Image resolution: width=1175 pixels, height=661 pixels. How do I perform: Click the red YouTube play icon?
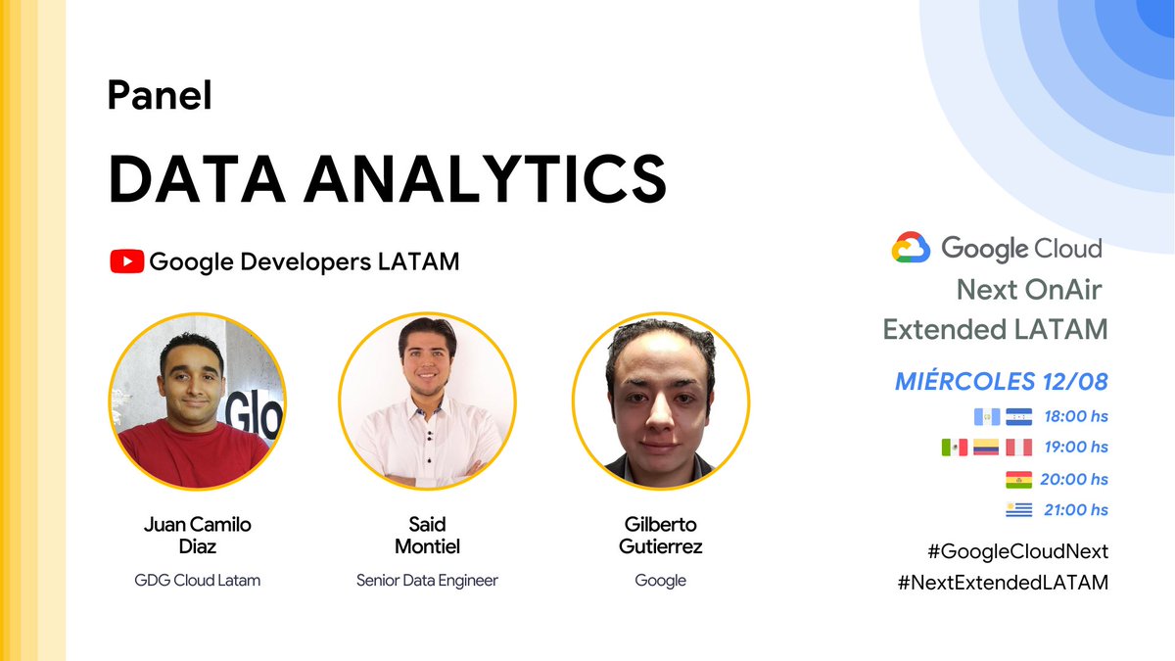point(126,261)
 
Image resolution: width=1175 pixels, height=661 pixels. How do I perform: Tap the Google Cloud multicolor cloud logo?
point(911,248)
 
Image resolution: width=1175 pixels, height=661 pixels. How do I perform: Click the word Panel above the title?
point(160,96)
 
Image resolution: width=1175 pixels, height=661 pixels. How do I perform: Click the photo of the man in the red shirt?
point(197,401)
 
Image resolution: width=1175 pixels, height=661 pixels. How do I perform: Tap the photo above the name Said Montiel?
point(427,401)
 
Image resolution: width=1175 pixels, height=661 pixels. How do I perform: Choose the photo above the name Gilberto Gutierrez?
point(660,401)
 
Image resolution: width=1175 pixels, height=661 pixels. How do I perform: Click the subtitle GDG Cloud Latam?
point(198,580)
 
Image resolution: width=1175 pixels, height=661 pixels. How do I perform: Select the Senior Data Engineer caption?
point(427,580)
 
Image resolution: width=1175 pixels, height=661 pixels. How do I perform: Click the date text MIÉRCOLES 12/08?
point(1002,381)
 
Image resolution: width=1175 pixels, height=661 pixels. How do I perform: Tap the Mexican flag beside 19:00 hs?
point(954,448)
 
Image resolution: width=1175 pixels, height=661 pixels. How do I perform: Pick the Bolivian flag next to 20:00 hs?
point(1018,480)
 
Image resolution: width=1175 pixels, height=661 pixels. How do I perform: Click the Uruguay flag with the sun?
point(1018,510)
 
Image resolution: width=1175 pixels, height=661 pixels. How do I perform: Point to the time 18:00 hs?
point(1076,416)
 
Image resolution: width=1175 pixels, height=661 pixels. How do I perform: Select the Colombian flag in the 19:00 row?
point(986,448)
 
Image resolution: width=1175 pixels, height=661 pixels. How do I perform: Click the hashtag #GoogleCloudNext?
point(1002,550)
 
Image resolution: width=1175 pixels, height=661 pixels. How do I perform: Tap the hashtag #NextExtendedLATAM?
point(1002,582)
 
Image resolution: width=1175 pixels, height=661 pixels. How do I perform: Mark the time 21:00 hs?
point(1076,510)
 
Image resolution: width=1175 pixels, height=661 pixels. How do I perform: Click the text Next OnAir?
point(1029,290)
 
